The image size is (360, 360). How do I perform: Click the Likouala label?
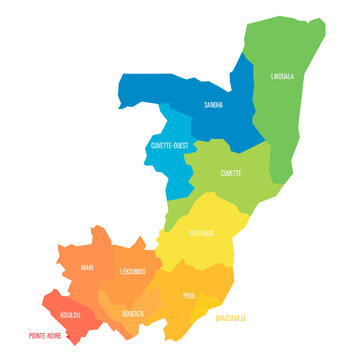coord(283,75)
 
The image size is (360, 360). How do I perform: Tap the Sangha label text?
coord(213,104)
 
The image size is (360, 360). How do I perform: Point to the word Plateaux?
coord(201,233)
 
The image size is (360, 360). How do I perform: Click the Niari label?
coord(87,268)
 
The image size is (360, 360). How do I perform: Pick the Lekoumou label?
coord(132,271)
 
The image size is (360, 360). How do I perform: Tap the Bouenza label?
coord(133,313)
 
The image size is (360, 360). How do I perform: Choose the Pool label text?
coord(190,296)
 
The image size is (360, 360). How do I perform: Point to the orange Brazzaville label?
coord(230,317)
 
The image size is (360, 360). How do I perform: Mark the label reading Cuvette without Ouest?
coord(231,173)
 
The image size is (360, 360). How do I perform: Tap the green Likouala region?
coord(290,120)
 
